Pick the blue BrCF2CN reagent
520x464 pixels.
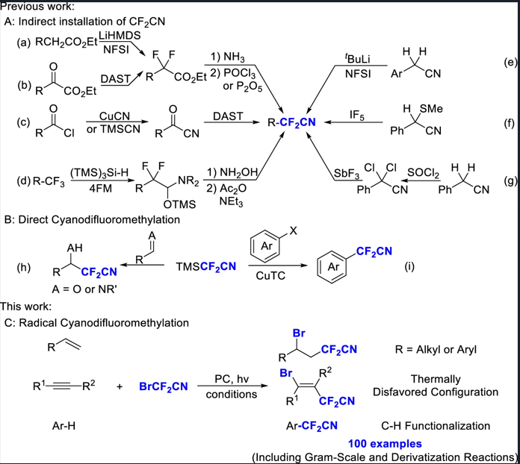tap(164, 386)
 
